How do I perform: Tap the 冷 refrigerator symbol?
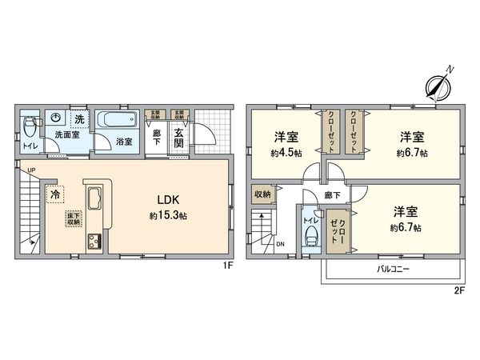click(55, 194)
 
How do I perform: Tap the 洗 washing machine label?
click(79, 119)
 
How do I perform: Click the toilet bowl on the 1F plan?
click(30, 126)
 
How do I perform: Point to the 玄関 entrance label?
click(178, 138)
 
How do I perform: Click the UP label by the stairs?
click(30, 171)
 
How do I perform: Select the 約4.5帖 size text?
click(286, 152)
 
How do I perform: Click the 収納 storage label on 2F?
click(262, 194)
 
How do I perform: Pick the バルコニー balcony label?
click(393, 270)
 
